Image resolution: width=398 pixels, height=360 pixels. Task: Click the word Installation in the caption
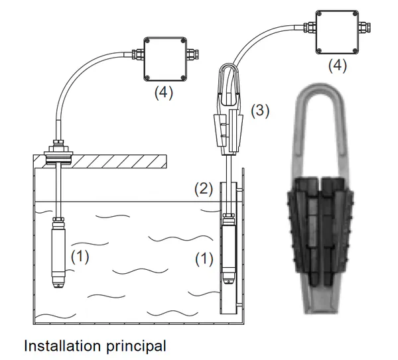(x=62, y=345)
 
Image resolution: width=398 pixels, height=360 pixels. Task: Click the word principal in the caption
(x=136, y=347)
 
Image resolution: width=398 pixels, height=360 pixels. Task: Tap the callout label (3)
(x=260, y=111)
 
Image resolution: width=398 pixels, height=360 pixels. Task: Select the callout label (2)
(x=204, y=189)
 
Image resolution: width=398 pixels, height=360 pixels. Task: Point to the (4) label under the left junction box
(x=164, y=93)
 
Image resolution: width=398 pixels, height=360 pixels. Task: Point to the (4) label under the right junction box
(x=338, y=66)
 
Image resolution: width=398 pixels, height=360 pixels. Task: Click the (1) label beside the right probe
(x=204, y=259)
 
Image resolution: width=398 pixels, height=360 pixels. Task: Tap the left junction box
(x=165, y=59)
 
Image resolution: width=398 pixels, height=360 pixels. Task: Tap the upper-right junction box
(x=337, y=32)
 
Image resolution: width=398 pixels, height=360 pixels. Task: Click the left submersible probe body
(x=58, y=253)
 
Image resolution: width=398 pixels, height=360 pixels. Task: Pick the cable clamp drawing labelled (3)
(x=229, y=109)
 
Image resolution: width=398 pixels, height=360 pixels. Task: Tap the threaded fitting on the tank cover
(x=58, y=152)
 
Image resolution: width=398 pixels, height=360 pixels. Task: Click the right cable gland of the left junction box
(x=192, y=54)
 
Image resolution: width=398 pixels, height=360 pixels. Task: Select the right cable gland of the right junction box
(x=364, y=27)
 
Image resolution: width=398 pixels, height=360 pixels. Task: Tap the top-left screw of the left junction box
(x=148, y=41)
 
